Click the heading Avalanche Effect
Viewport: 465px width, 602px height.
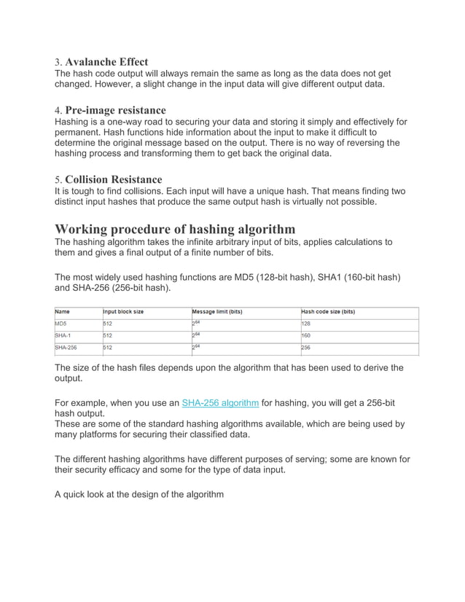point(107,61)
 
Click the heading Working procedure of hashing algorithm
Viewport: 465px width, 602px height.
point(175,229)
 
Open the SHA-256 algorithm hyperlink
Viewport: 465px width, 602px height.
point(220,402)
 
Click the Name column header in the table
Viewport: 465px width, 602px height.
point(63,312)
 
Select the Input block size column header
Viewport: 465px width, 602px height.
point(123,312)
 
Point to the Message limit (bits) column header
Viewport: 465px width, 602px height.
point(217,312)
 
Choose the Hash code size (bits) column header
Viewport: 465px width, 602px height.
point(328,312)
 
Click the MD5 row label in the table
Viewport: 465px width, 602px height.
point(62,324)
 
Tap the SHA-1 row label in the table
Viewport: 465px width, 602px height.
point(63,336)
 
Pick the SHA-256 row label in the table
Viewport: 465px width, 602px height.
point(66,348)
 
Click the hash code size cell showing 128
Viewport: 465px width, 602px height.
point(306,324)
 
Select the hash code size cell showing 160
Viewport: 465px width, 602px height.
point(306,336)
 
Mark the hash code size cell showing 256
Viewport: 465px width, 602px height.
point(306,348)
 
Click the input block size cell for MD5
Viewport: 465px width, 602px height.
point(108,324)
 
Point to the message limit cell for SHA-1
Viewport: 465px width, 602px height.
point(196,335)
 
